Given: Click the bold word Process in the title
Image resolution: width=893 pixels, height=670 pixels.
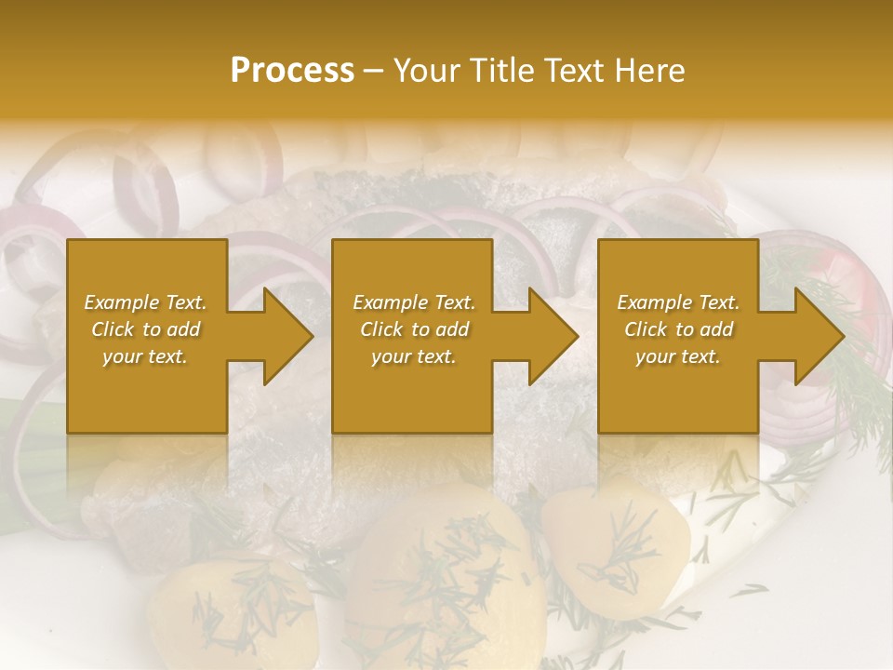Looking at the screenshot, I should tap(292, 71).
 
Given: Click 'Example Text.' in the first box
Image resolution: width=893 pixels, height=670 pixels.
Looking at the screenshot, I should tap(146, 302).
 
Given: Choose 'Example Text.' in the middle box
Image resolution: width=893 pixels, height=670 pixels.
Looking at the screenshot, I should tap(414, 302).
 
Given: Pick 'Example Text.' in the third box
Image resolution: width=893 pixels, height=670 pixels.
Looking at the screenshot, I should tap(678, 302).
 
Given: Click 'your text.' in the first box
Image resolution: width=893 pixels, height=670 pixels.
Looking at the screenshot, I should tap(145, 356).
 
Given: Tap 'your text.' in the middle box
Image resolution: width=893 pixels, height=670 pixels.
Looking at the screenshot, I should tap(414, 356).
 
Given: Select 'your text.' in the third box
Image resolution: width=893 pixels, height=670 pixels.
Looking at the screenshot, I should tap(678, 356).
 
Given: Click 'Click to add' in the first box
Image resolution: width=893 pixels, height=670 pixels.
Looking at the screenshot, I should tap(146, 329).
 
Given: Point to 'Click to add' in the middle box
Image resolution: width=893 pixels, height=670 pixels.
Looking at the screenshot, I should tap(414, 329).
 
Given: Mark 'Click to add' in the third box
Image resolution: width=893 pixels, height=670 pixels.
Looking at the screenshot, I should tap(678, 329).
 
